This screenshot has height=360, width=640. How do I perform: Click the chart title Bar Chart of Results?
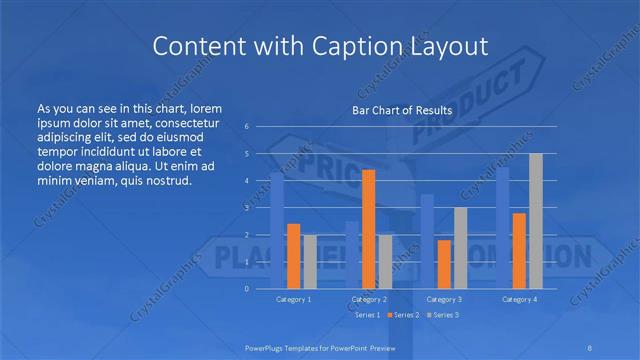click(401, 110)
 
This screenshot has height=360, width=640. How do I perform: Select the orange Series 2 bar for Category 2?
click(368, 229)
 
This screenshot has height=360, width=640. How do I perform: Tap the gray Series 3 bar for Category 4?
click(536, 221)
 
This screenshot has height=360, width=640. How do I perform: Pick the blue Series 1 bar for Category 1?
click(277, 231)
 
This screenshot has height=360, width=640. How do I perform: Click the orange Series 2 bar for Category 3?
click(444, 264)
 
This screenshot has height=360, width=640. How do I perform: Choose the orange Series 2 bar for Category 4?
click(519, 250)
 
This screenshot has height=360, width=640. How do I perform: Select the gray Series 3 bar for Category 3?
click(460, 248)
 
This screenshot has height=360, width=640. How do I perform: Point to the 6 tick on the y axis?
click(246, 127)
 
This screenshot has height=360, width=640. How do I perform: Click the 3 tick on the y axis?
click(246, 208)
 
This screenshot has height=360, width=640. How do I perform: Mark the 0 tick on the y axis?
click(246, 289)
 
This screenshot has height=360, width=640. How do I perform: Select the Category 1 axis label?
click(293, 299)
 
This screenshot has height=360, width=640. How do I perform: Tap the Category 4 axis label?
click(519, 299)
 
